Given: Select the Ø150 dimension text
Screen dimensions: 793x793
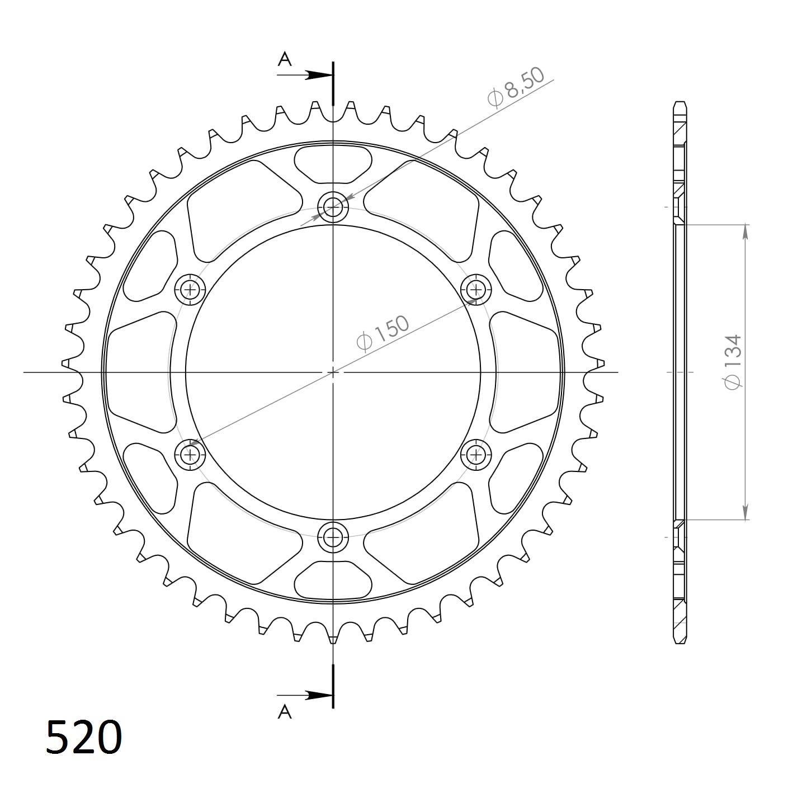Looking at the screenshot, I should pos(384,333).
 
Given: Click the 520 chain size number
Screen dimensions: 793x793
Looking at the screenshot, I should pos(84,737).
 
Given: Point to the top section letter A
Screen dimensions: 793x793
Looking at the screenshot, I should pos(285,59).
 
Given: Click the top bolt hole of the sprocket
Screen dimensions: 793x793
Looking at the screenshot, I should pos(333,207).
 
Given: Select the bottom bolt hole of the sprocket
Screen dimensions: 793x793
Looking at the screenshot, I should pos(333,537).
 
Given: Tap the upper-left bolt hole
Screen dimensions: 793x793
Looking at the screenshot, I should pos(190,289).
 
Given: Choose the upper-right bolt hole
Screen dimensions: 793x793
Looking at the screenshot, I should pos(476,289).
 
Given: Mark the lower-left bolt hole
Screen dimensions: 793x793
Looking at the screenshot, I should pos(190,454).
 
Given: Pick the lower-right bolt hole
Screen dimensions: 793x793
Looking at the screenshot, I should pos(476,454).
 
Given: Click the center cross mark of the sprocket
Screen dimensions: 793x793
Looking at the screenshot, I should pos(333,372).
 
